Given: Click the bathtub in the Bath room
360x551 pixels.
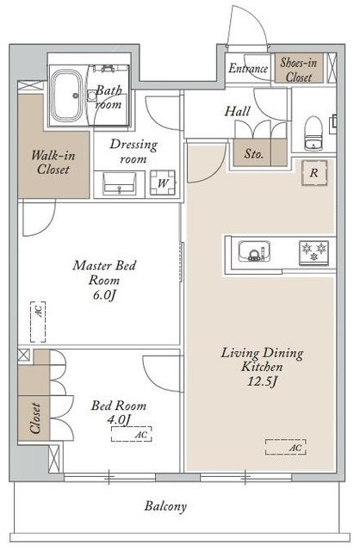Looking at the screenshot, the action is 67,96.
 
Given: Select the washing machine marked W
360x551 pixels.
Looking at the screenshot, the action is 163,183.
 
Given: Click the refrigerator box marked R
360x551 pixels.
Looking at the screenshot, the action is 314,172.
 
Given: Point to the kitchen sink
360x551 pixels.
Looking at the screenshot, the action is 255,251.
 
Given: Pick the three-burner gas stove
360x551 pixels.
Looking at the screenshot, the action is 313,252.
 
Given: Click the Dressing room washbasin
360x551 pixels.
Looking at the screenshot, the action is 119,183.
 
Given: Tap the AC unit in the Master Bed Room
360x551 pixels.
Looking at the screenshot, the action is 38,321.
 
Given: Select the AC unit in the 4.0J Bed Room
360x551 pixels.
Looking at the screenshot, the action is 132,434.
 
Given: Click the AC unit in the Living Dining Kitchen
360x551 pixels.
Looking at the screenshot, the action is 286,447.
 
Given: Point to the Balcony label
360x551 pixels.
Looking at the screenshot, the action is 165,506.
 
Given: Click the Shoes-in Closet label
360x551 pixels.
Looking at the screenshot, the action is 299,70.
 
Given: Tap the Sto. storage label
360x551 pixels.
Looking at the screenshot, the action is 253,153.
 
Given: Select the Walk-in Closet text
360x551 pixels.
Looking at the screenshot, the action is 53,162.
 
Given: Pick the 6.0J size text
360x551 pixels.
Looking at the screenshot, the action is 104,295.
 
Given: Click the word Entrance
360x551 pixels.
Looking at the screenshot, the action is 248,68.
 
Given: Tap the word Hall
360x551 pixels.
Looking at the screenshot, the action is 238,112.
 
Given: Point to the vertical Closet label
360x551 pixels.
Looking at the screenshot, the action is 35,418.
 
